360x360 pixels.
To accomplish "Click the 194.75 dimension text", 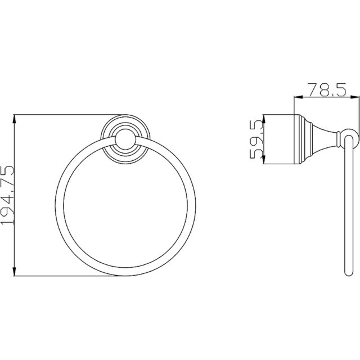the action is pyautogui.click(x=7, y=195).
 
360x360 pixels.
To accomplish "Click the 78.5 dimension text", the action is pyautogui.click(x=327, y=90).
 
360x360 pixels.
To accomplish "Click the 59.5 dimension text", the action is pyautogui.click(x=256, y=139).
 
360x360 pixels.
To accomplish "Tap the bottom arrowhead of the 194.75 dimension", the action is pyautogui.click(x=15, y=272).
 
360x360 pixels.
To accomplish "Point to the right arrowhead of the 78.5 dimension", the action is pyautogui.click(x=355, y=97).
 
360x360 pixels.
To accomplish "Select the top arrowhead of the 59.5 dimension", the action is pyautogui.click(x=264, y=119).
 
